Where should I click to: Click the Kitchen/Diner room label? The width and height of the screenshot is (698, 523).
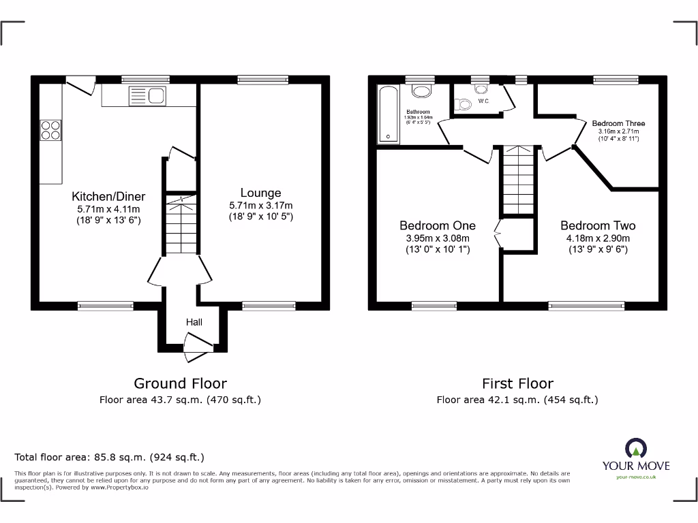[x=108, y=196]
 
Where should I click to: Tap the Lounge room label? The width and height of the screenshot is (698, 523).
[x=260, y=193]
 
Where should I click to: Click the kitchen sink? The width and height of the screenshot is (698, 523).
[x=147, y=96]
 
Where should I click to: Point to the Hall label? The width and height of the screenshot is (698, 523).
[x=194, y=321]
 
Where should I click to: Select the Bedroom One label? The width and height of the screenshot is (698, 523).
[x=437, y=225]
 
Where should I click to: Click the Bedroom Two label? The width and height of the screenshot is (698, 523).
[x=598, y=225]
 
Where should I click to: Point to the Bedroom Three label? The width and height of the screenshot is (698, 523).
[x=618, y=123]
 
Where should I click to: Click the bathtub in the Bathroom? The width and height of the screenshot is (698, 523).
[x=389, y=115]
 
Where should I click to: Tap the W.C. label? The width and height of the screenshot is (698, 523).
[x=483, y=101]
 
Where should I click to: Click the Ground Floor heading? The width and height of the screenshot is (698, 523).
[x=180, y=383]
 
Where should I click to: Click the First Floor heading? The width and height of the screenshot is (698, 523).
[x=517, y=383]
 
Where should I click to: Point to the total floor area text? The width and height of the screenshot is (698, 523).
[x=109, y=458]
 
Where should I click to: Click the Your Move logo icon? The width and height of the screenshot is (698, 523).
[x=635, y=448]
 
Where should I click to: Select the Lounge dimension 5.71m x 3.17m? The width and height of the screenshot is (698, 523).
[x=260, y=206]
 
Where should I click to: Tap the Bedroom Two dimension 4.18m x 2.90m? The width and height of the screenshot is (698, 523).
[x=598, y=238]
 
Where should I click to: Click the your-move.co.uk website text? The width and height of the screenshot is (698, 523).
[x=635, y=477]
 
